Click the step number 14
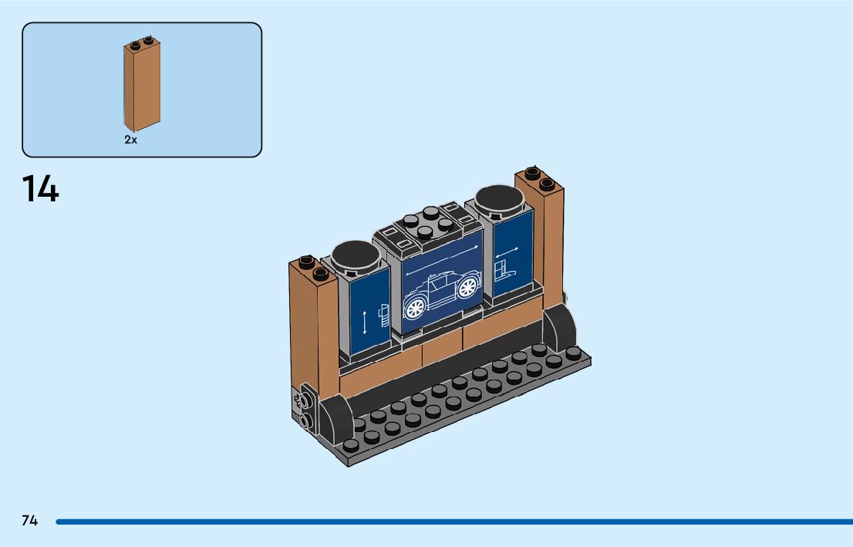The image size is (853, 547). click(x=40, y=190)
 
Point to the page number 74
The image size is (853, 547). click(x=29, y=521)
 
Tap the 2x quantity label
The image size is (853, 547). click(x=130, y=140)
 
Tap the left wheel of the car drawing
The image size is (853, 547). click(x=415, y=308)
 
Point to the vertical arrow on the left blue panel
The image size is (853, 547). click(x=365, y=322)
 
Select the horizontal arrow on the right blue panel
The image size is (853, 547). click(x=507, y=252)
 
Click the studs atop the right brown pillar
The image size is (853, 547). click(x=538, y=177)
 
